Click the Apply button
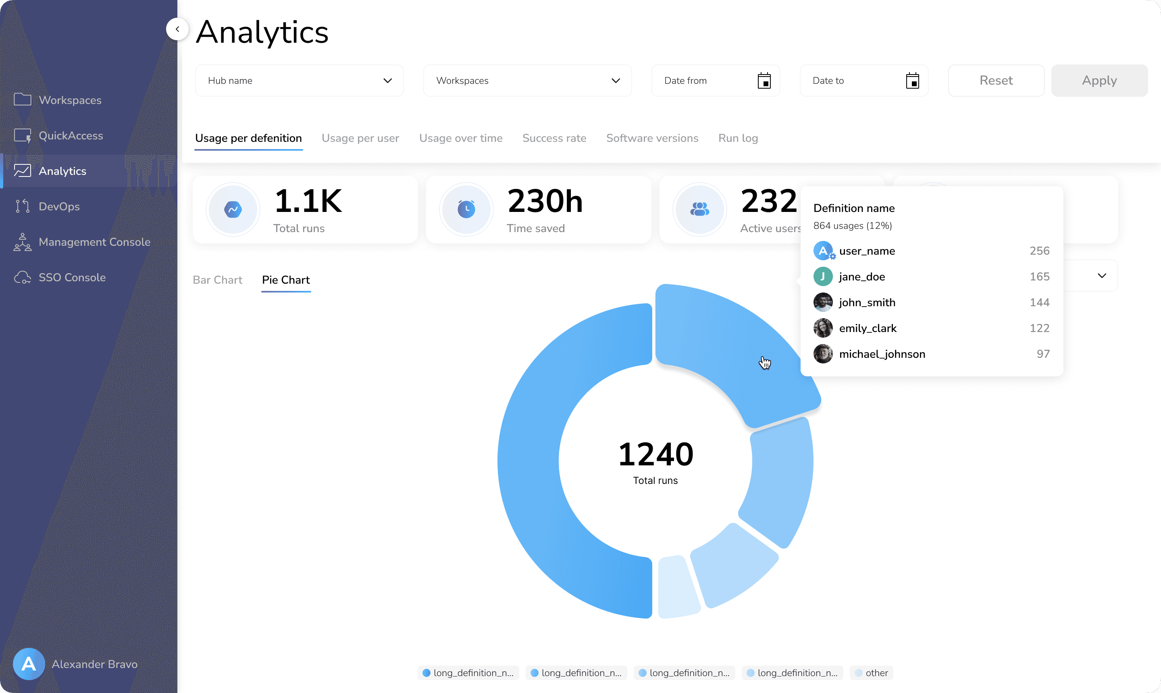coord(1099,80)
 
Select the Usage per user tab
coord(360,138)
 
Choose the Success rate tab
coord(554,138)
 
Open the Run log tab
coord(738,138)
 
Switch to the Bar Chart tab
coord(217,280)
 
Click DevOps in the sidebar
coord(59,206)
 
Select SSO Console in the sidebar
coord(72,277)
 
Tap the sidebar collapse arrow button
coord(177,29)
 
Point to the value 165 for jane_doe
coord(1039,276)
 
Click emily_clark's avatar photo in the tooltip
coord(823,328)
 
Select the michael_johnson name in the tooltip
coord(882,354)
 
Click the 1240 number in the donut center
coord(655,454)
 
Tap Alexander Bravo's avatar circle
coord(29,664)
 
